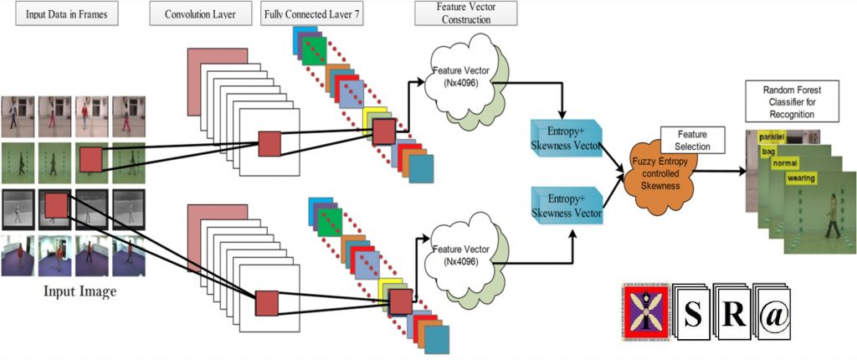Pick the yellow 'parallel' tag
[x=771, y=136]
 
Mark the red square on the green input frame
[x=90, y=159]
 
